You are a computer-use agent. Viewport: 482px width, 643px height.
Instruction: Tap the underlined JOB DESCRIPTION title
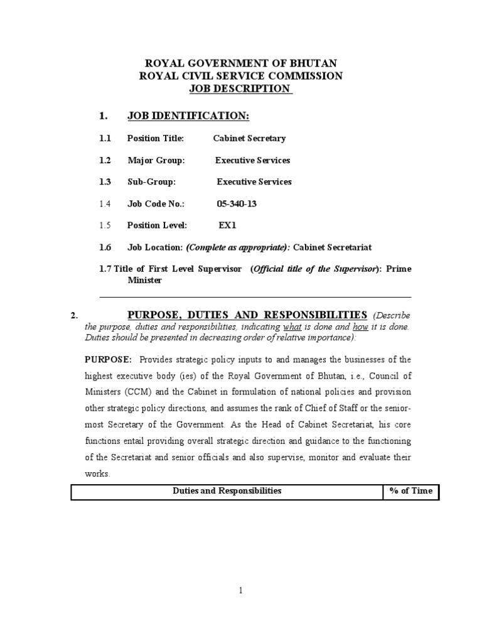pyautogui.click(x=240, y=89)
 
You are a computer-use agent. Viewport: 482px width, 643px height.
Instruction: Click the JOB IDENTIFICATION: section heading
pyautogui.click(x=188, y=116)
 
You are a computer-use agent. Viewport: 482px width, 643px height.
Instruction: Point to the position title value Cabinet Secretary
pyautogui.click(x=249, y=138)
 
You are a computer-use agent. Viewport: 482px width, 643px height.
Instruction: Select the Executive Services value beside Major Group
pyautogui.click(x=252, y=160)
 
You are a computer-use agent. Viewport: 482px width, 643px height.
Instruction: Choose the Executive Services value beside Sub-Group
pyautogui.click(x=254, y=182)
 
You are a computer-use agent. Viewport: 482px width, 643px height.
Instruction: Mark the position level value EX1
pyautogui.click(x=227, y=225)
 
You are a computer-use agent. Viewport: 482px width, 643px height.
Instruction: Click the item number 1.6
pyautogui.click(x=105, y=247)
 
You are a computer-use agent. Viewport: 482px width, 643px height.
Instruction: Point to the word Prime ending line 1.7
pyautogui.click(x=399, y=269)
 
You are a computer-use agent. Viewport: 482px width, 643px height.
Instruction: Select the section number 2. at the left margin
pyautogui.click(x=74, y=315)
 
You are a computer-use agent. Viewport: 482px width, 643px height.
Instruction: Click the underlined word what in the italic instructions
pyautogui.click(x=292, y=327)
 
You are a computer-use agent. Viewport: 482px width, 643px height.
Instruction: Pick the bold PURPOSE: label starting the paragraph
pyautogui.click(x=108, y=359)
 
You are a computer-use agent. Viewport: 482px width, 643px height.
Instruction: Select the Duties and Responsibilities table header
pyautogui.click(x=227, y=491)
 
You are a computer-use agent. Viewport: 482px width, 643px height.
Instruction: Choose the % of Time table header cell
pyautogui.click(x=410, y=491)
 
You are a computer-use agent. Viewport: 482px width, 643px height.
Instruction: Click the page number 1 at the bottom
pyautogui.click(x=241, y=590)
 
